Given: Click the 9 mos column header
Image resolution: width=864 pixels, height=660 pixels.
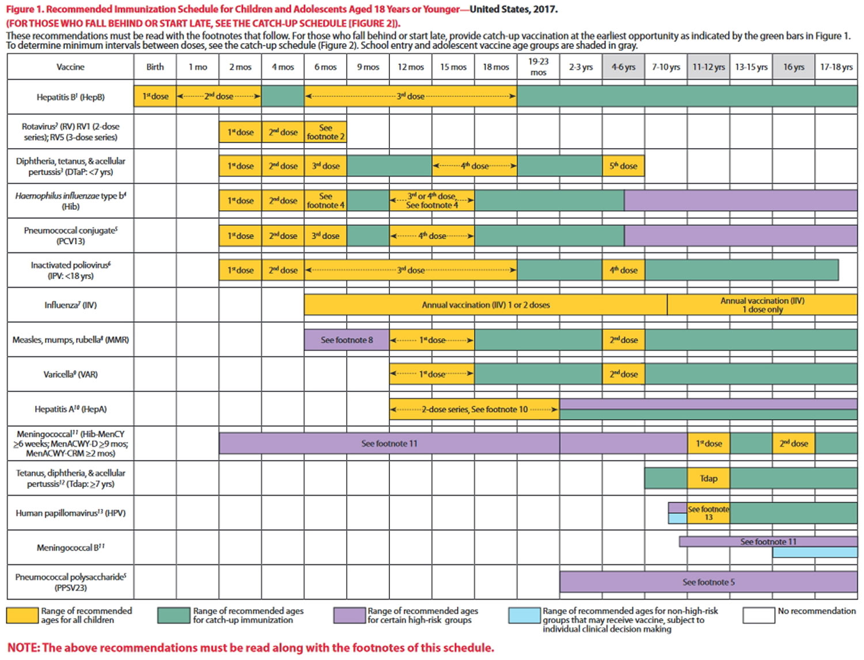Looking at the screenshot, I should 367,67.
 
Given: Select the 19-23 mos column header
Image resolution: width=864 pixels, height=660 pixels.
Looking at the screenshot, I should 538,67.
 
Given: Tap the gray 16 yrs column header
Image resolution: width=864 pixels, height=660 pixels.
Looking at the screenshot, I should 793,67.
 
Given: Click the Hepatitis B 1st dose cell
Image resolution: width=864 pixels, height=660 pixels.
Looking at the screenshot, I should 156,96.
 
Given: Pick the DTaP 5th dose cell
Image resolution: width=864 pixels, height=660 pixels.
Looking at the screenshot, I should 623,166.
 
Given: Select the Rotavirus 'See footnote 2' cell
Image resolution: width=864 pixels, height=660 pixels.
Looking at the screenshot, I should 325,132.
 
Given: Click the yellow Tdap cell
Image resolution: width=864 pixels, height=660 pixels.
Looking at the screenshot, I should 708,478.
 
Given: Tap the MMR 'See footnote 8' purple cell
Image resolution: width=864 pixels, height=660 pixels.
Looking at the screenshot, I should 347,340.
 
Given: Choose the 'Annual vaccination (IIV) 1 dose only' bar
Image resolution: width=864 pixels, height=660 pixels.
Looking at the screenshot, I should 762,305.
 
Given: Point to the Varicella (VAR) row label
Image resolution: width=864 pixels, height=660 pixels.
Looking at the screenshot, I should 70,375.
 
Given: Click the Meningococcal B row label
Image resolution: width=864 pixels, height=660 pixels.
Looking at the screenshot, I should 70,548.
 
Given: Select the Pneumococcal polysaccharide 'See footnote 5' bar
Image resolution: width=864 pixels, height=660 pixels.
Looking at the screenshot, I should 708,582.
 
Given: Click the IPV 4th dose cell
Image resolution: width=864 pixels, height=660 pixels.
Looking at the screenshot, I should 623,270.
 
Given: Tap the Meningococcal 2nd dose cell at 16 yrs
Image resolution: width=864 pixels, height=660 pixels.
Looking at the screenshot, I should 793,444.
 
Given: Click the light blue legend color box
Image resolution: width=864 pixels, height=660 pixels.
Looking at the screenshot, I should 524,615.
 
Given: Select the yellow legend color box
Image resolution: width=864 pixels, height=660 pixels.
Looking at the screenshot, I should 22,615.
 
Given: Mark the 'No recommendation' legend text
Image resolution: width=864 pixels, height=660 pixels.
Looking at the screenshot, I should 816,611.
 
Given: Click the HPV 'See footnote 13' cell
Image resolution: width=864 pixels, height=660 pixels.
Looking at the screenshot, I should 708,513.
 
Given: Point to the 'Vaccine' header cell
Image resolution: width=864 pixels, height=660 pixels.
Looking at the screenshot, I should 70,67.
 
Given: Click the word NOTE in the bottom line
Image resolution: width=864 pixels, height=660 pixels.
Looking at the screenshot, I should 23,648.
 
